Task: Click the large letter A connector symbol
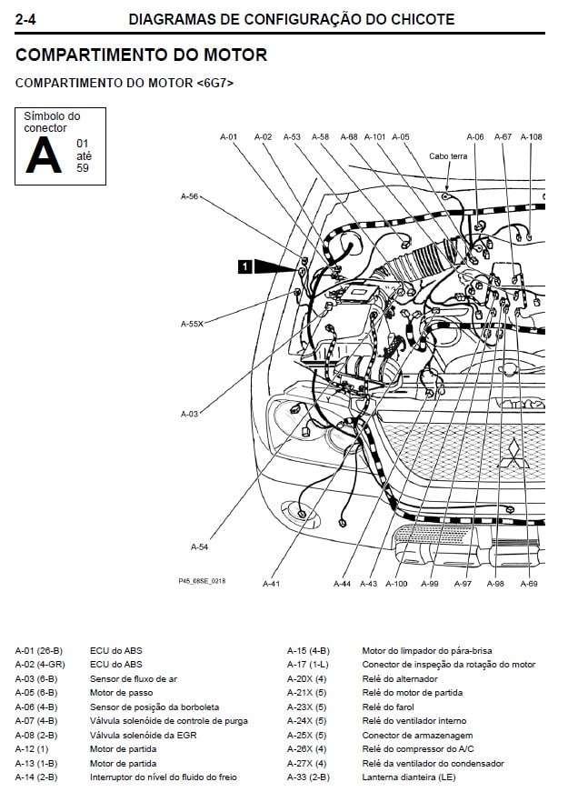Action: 44,155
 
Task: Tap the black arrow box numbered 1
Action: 244,266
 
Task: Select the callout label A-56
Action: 190,195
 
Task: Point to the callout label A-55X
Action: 192,323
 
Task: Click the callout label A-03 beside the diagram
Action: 190,414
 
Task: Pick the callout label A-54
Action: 200,546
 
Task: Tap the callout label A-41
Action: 272,583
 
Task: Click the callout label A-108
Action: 532,137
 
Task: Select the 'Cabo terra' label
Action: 448,156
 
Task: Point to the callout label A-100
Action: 397,583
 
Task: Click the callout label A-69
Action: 529,583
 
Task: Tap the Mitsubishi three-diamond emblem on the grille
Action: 512,451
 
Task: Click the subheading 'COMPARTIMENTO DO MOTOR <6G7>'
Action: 125,82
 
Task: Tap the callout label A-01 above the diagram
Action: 229,137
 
